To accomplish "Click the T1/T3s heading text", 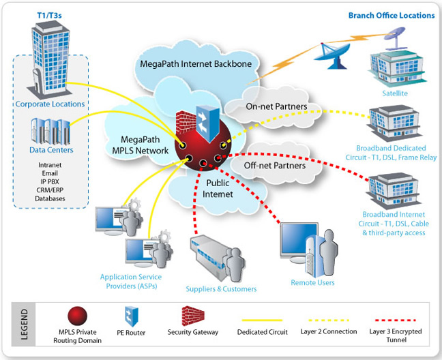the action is tap(49, 15).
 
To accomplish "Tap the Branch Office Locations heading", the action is tap(392, 16).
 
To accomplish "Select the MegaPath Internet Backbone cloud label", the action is tap(196, 64).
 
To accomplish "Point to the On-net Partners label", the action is tap(276, 106).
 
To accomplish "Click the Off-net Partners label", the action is tap(275, 166).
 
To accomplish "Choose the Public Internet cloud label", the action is tap(218, 188).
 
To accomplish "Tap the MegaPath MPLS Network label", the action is tap(141, 145).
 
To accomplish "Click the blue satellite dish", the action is tap(331, 55).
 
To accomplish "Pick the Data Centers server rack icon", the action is tap(50, 132).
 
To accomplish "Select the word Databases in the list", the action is tap(50, 198).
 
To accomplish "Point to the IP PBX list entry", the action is tap(50, 181).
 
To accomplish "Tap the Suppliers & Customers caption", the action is tap(221, 289).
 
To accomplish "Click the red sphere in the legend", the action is tap(78, 316).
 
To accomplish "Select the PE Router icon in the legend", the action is tap(132, 316).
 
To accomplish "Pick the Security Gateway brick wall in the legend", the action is tap(193, 316).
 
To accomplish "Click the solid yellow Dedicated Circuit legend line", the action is tap(262, 320).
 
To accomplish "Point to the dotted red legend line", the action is tap(396, 320).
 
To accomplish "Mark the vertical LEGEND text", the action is tap(25, 325).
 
